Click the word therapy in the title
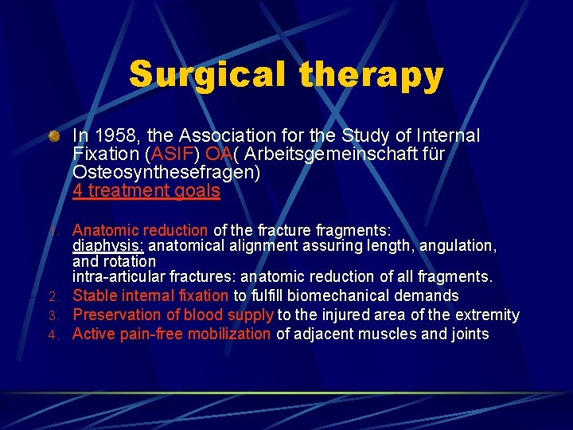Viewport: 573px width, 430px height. coord(372,75)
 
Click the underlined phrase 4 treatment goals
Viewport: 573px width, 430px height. coord(146,190)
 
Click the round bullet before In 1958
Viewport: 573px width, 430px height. coord(53,136)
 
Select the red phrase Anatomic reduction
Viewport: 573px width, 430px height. coord(140,230)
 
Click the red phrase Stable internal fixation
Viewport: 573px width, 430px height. coord(150,296)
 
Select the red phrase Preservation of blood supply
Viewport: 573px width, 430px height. coord(173,315)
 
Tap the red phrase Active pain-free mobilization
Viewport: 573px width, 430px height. coord(171,334)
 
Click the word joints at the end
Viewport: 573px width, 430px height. coord(469,334)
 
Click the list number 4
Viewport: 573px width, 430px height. coord(53,334)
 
